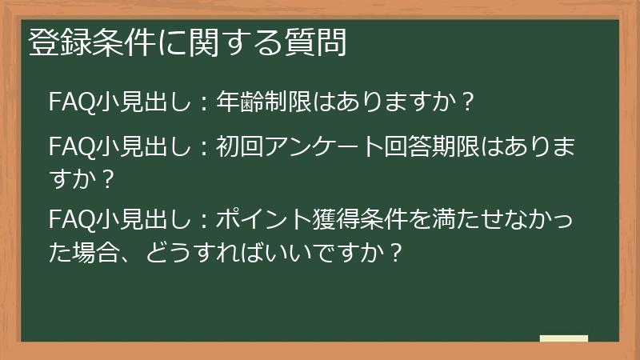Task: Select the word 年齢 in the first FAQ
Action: coord(243,102)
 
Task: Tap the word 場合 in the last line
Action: coord(100,254)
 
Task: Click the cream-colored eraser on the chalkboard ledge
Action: coord(563,338)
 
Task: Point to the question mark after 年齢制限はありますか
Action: coord(469,102)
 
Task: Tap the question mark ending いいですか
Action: coord(393,254)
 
